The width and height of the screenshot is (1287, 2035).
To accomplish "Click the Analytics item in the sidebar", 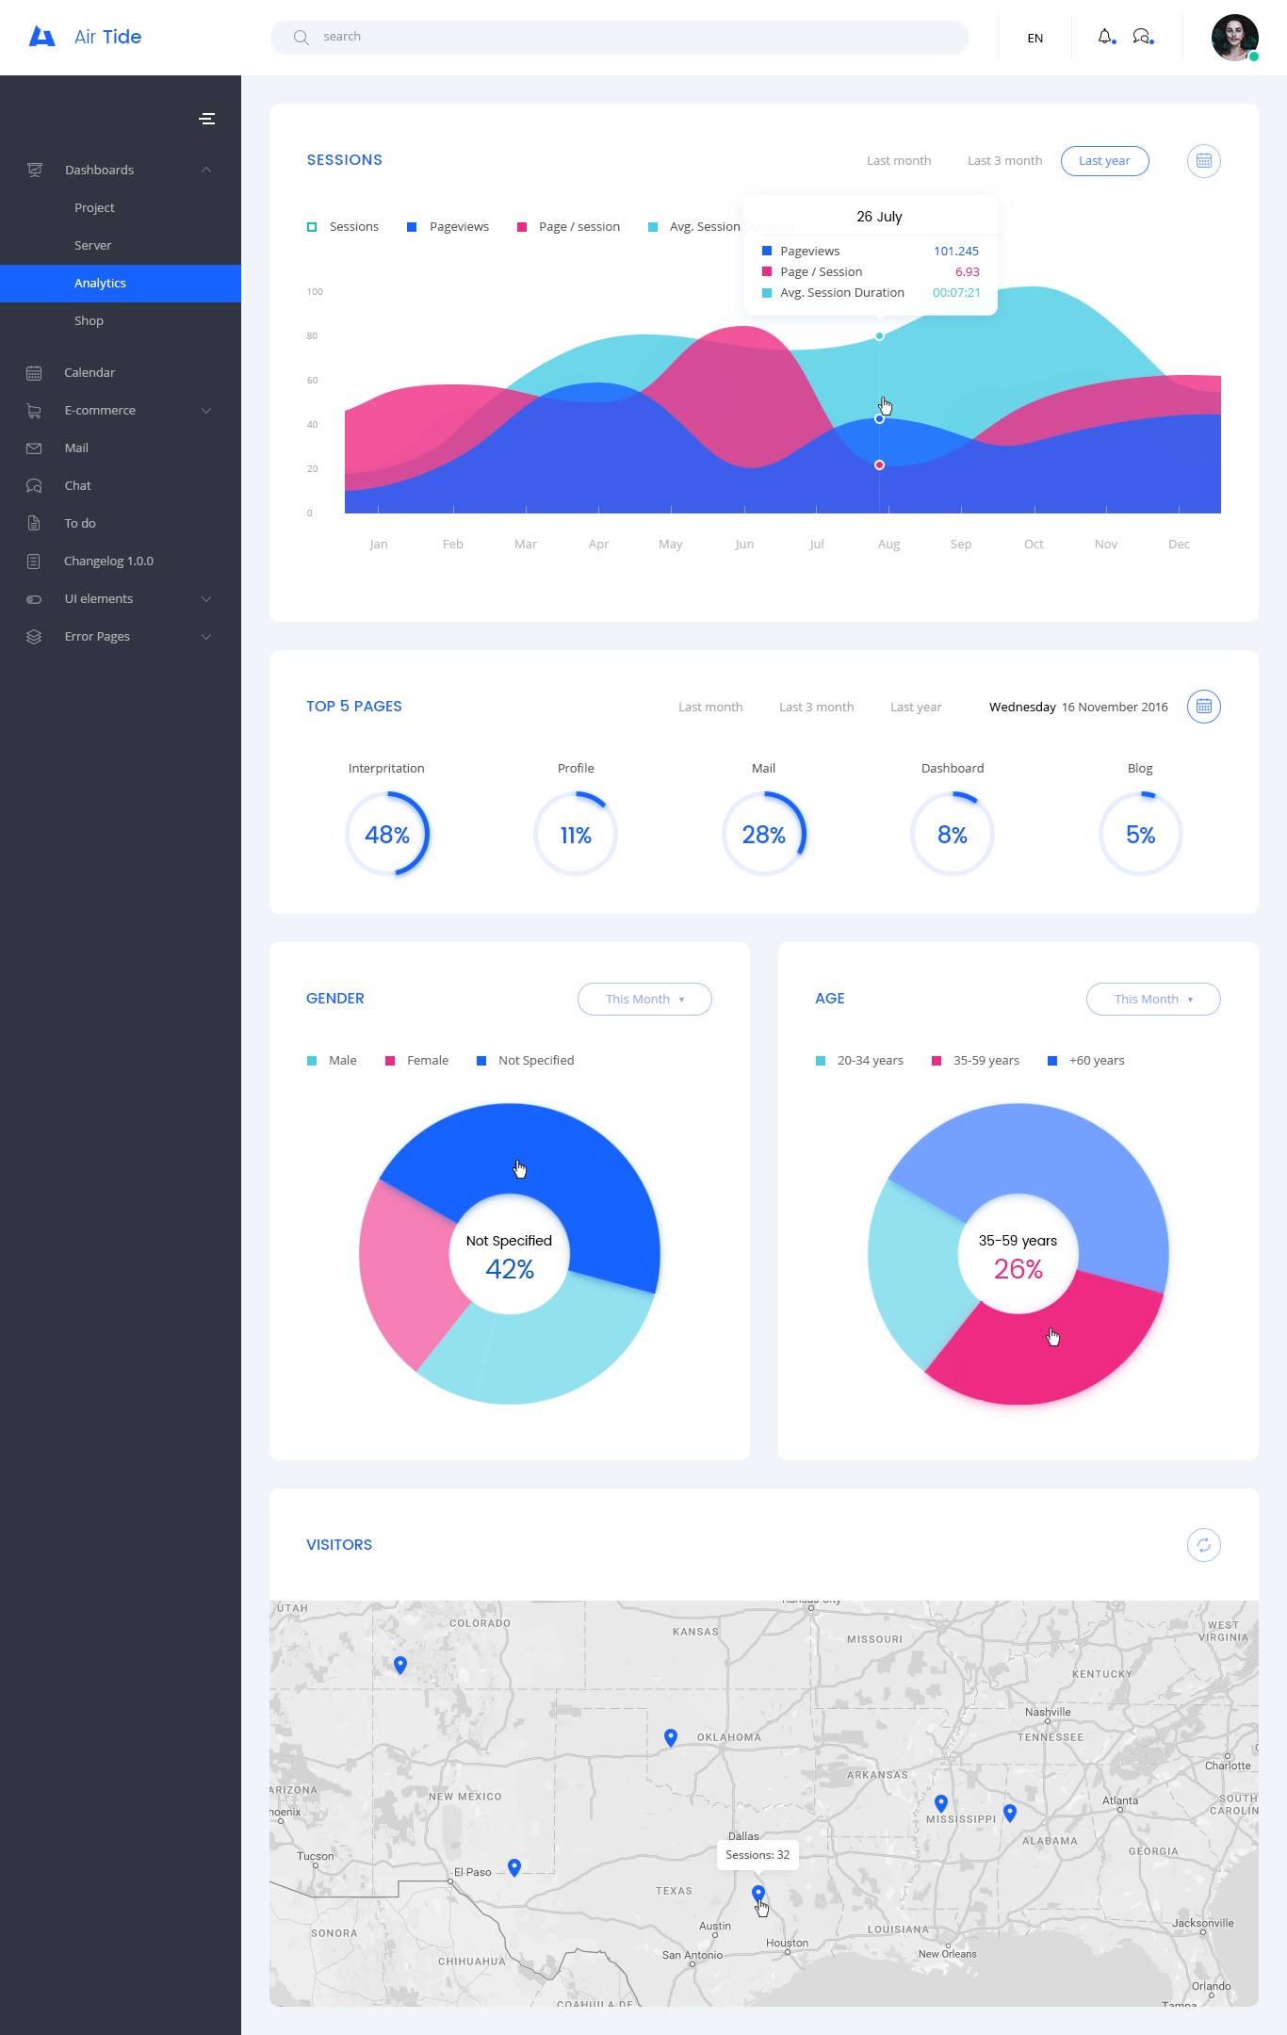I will (x=100, y=284).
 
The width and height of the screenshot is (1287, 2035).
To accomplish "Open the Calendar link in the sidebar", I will (x=90, y=373).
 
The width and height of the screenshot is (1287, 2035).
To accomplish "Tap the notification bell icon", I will (x=1105, y=37).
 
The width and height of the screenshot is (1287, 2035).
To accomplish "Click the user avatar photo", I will (x=1234, y=38).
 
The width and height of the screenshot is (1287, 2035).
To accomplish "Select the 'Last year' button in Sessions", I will (x=1104, y=161).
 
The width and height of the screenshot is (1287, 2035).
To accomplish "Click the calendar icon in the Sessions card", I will (x=1203, y=161).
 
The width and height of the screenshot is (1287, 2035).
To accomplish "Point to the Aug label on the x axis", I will (x=888, y=545).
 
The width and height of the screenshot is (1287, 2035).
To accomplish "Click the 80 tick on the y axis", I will (x=312, y=336).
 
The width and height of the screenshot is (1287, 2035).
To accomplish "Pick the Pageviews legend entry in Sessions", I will (x=448, y=227).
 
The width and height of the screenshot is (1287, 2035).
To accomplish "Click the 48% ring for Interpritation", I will (x=387, y=835).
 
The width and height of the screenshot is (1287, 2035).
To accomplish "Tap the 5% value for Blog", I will (x=1140, y=835).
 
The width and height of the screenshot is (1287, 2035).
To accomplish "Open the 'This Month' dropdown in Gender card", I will (x=644, y=1000).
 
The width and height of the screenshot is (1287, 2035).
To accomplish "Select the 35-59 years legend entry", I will (x=976, y=1061).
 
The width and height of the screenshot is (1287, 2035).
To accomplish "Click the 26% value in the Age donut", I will (x=1018, y=1270).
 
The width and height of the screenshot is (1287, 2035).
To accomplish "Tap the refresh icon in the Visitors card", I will (x=1203, y=1545).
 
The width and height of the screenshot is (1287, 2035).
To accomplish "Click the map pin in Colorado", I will (x=400, y=1665).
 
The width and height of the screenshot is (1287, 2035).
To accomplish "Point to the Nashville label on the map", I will (x=1048, y=1712).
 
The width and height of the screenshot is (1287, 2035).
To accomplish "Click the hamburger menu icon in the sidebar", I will (x=207, y=119).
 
